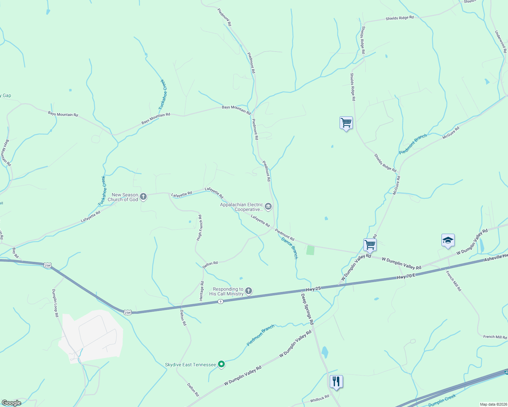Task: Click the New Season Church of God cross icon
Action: tap(143, 196)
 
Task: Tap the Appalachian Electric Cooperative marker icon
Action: tap(268, 206)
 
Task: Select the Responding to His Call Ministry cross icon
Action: tap(249, 291)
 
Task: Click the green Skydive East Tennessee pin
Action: tap(221, 364)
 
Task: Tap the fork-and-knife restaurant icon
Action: tap(336, 382)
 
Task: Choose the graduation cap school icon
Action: tap(448, 240)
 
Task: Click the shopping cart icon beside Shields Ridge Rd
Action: tap(346, 122)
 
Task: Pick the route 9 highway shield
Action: tap(221, 302)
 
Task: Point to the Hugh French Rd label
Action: tap(200, 228)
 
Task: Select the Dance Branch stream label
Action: tap(290, 248)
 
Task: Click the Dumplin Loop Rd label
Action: tap(55, 303)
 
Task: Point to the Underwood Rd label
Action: tap(501, 42)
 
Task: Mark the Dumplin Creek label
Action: tap(442, 401)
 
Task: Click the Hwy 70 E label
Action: tap(406, 276)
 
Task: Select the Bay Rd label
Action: tap(15, 252)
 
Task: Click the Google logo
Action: tap(11, 403)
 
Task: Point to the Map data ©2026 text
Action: tap(492, 404)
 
